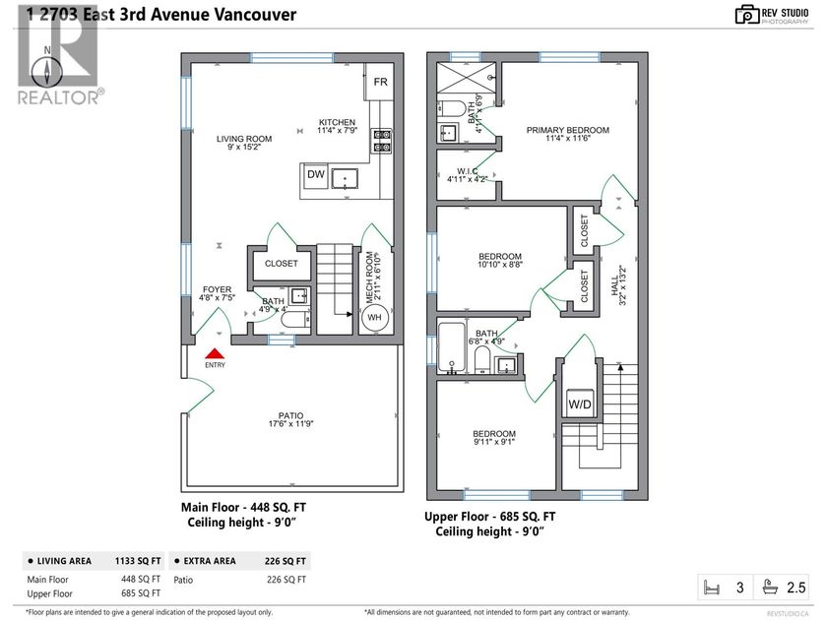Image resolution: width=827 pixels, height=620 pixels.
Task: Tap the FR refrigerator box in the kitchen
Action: (380, 83)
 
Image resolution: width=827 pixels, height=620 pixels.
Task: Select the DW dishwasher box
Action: (315, 175)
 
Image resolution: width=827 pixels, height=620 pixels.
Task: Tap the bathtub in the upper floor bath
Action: (450, 349)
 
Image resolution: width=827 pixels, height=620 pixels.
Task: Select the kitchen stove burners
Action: (382, 141)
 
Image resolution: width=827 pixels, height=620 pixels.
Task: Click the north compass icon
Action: (47, 69)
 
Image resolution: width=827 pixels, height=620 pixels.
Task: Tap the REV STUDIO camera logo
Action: (746, 14)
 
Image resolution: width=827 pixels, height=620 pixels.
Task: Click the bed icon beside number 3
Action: (711, 588)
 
